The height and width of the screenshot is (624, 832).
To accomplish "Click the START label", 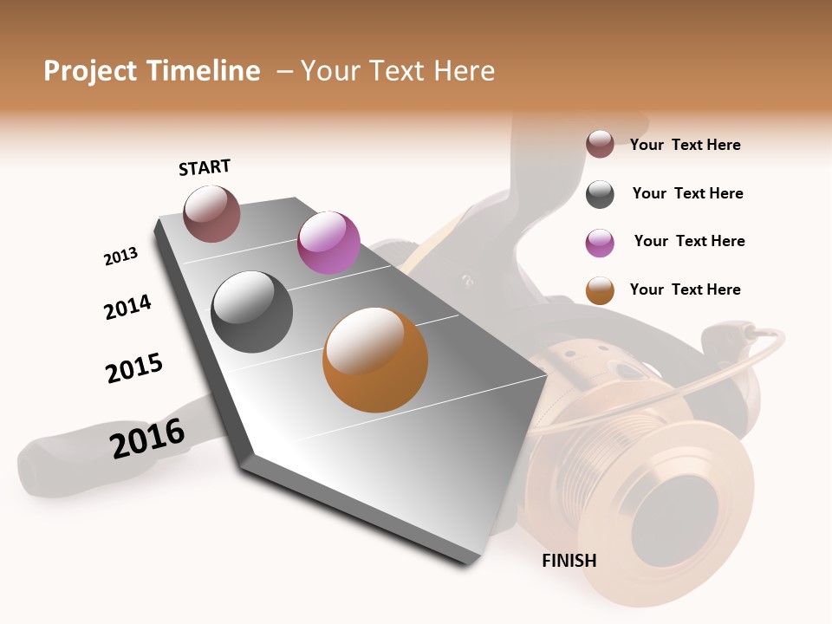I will [x=205, y=167].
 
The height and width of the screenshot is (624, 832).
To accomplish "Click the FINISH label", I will [x=569, y=561].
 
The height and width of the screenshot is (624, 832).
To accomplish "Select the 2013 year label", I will [x=120, y=257].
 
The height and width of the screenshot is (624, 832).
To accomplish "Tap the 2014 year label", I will [x=127, y=307].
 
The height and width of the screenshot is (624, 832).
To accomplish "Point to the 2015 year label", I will [x=134, y=367].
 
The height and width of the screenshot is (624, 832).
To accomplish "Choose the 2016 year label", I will [x=147, y=438].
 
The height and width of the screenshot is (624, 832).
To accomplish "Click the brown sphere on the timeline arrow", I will [x=212, y=213].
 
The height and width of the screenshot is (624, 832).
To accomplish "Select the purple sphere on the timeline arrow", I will [x=328, y=243].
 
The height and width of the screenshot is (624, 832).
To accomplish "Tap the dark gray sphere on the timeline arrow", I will [x=252, y=312].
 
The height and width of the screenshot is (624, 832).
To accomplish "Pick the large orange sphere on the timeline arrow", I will [x=375, y=360].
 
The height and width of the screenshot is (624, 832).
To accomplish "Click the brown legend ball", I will [x=600, y=144].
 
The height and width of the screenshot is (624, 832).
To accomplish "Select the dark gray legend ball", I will [x=600, y=194].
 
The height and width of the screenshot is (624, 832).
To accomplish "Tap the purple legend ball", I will [x=600, y=243].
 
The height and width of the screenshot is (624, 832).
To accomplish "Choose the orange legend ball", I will [x=600, y=290].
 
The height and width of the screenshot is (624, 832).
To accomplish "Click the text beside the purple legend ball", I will [x=689, y=241].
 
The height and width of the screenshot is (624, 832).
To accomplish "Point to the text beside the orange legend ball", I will [x=685, y=289].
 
